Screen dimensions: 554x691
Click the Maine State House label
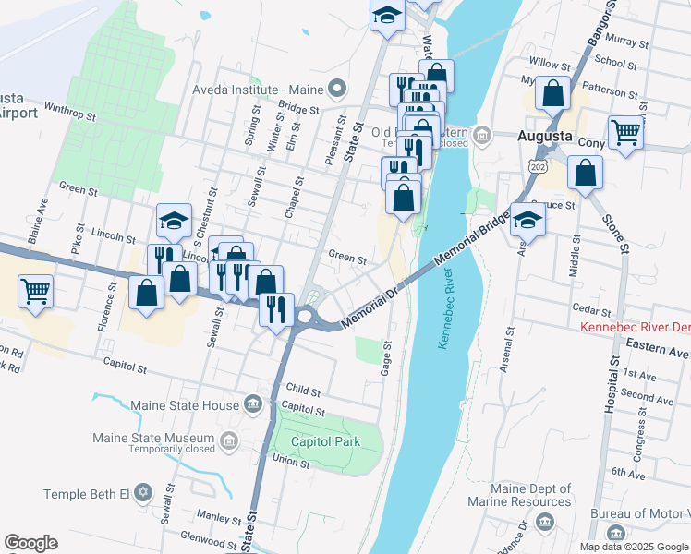click(x=185, y=404)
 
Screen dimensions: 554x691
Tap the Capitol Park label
click(x=325, y=441)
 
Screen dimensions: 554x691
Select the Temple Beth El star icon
click(x=142, y=492)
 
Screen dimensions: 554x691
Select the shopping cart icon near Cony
click(x=625, y=133)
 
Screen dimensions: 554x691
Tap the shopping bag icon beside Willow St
click(x=552, y=94)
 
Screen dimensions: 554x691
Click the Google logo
click(x=30, y=543)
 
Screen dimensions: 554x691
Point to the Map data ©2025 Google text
click(x=634, y=546)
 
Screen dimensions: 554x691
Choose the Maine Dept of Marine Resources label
click(x=531, y=495)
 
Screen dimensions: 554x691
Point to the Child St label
click(x=303, y=391)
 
